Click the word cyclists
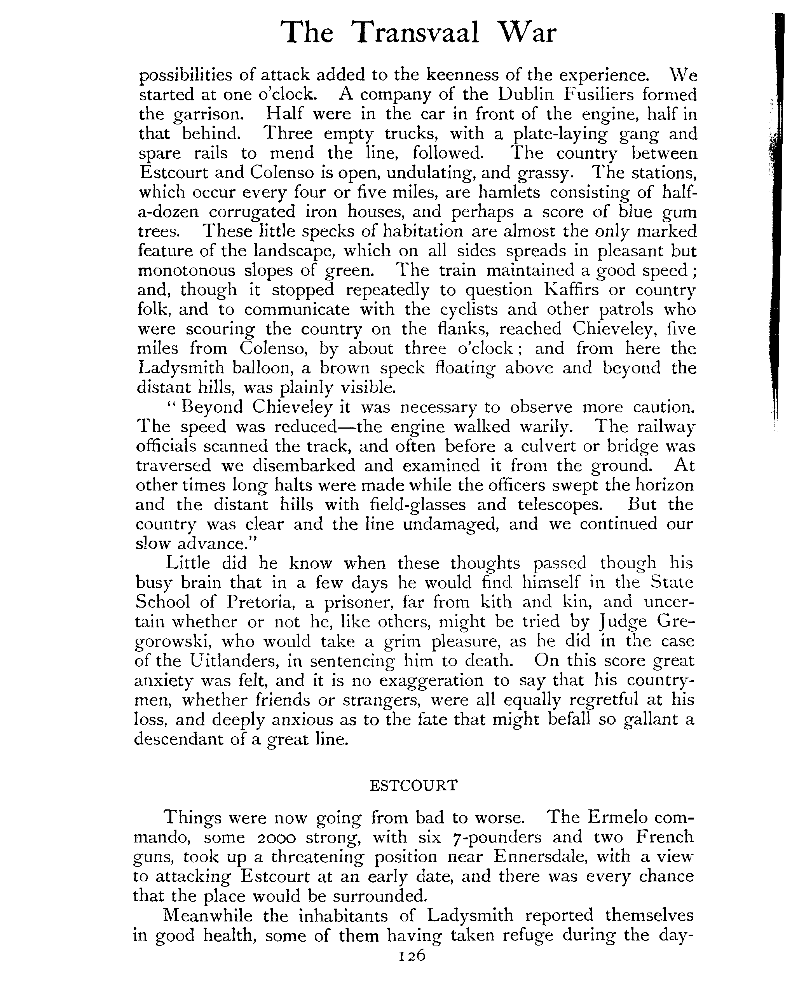tap(451, 309)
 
